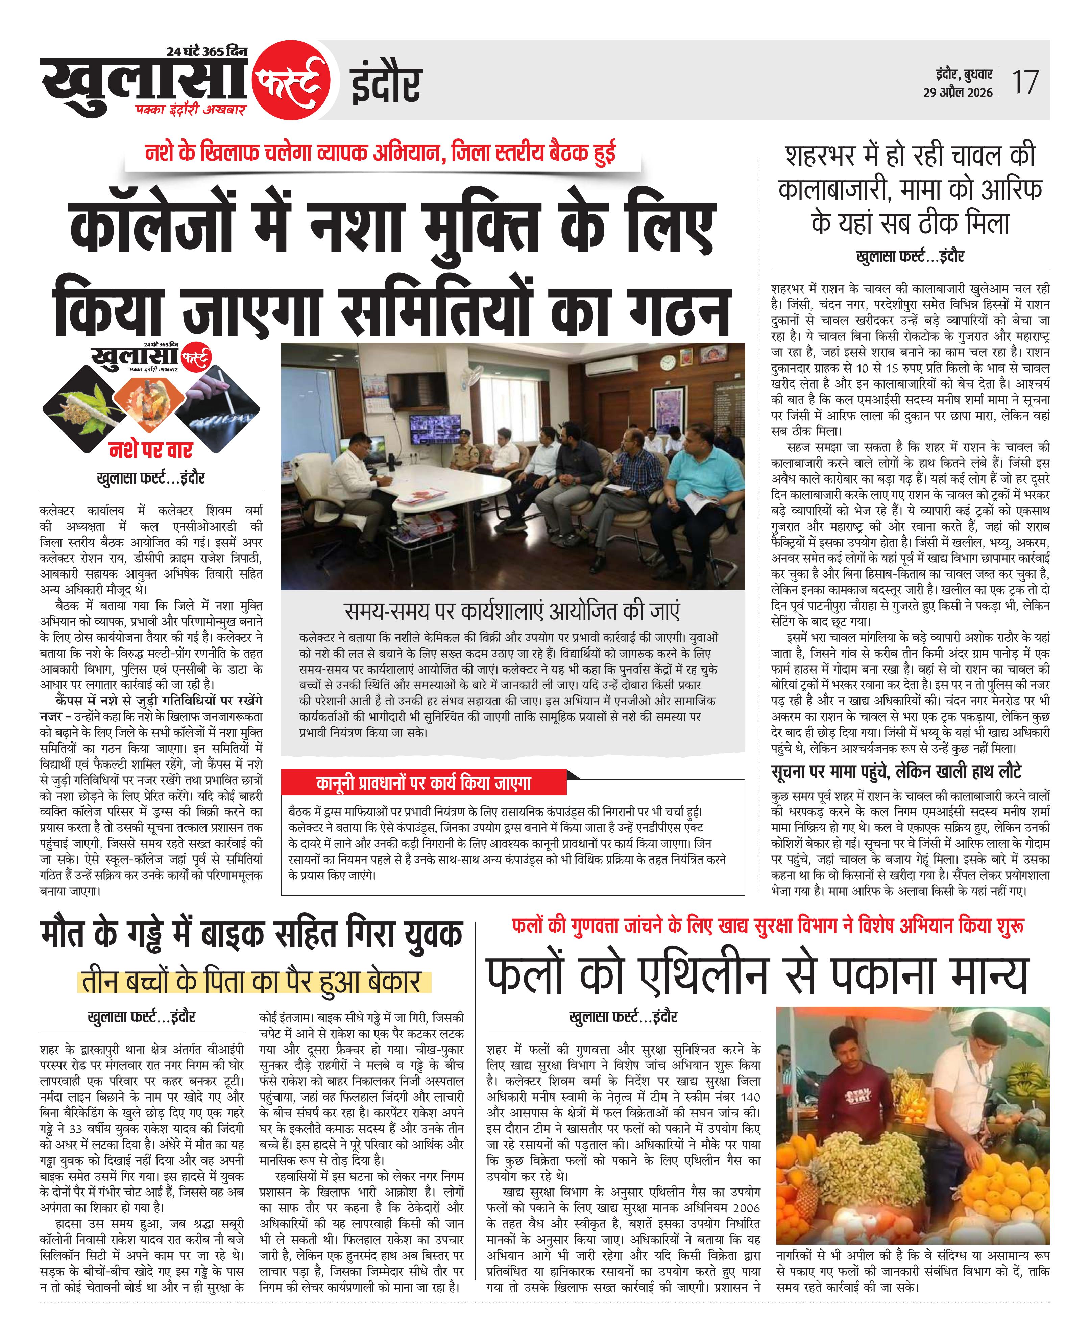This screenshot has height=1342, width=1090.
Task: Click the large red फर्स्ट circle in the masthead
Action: [292, 80]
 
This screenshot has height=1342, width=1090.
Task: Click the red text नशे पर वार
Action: [151, 450]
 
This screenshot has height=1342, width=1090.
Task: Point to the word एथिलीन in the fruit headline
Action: [703, 975]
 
